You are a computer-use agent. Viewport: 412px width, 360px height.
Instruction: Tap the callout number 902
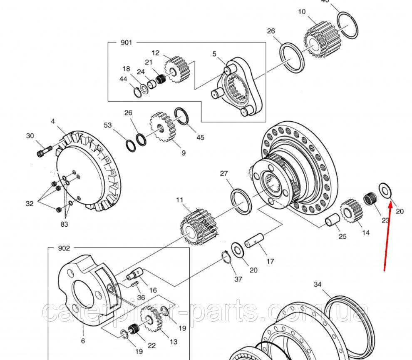click(64, 248)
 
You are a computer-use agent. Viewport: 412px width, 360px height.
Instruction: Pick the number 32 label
click(29, 204)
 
